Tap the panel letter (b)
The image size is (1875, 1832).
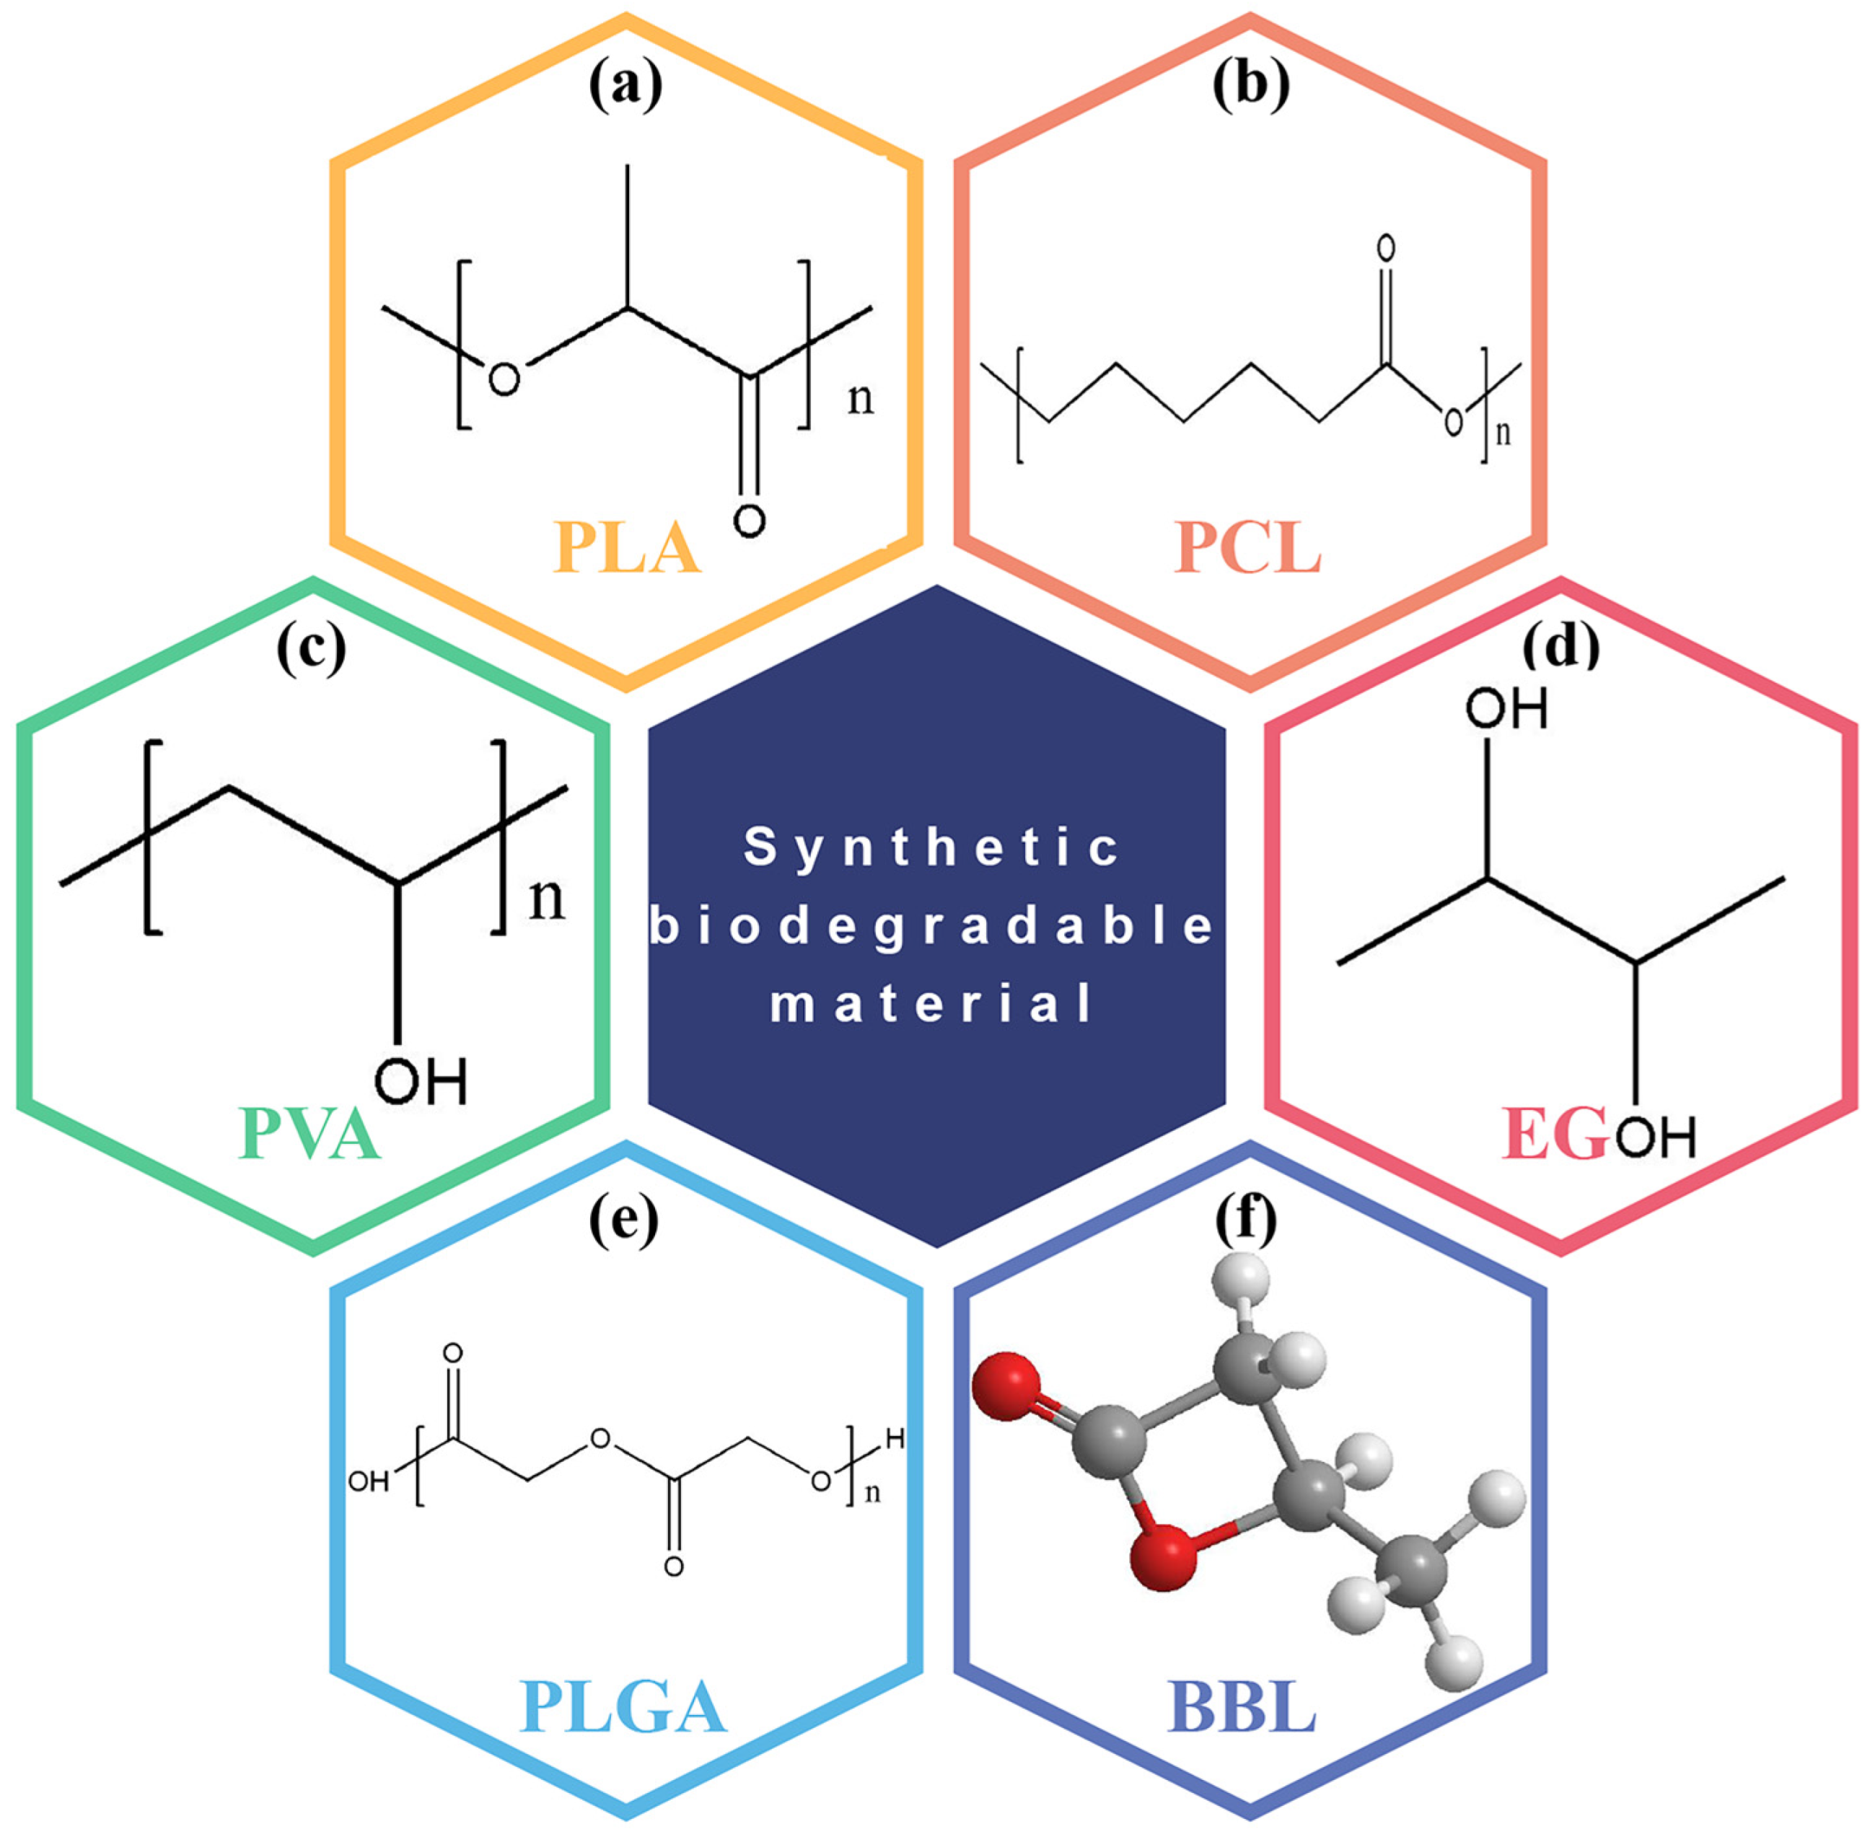coord(1250,89)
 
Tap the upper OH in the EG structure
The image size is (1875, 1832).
coord(1506,711)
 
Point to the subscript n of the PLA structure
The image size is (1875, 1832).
coord(861,398)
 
